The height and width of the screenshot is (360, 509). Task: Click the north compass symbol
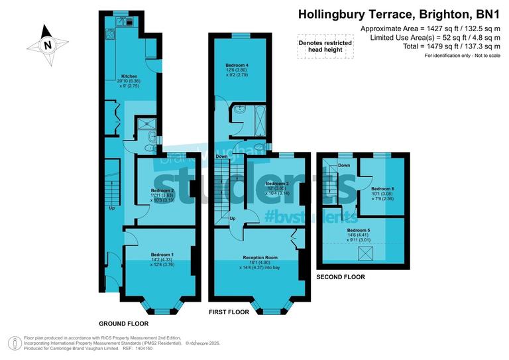47,45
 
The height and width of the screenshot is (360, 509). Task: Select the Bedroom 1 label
163,255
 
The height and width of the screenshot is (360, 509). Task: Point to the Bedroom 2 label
163,190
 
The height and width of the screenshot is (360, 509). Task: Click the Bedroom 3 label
278,183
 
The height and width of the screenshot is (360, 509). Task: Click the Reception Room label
261,257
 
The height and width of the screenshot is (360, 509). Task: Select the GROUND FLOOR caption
123,324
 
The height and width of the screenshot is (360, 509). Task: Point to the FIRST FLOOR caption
229,312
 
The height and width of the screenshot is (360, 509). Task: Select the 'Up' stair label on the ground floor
112,208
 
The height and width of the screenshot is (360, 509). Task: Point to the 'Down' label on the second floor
344,165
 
